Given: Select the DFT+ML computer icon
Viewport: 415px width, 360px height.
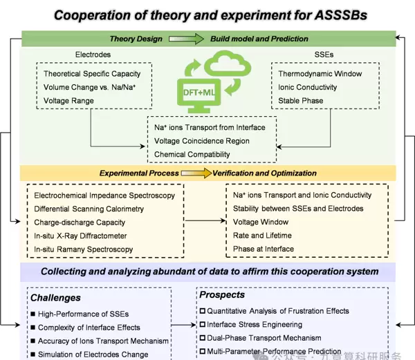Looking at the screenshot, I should pos(210,89).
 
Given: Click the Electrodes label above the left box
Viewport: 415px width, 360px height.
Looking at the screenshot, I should pos(93,54).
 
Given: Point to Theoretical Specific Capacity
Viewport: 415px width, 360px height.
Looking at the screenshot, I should pos(92,73).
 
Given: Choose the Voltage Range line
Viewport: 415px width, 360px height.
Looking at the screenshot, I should pos(69,100).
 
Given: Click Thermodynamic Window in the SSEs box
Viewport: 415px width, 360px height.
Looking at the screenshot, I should pos(320,73).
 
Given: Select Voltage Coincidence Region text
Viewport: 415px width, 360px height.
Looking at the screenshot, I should pos(202,141).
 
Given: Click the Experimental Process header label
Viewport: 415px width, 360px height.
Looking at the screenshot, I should pos(139,173).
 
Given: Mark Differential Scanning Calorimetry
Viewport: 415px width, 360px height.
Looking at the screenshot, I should pos(89,209).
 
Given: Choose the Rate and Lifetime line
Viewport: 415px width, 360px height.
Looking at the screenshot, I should pos(262,236).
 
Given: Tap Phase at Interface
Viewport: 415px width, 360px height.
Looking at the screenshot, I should pos(264,249).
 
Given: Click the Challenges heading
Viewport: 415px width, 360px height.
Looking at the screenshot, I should pos(55,298).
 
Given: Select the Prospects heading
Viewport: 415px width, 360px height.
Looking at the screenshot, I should pos(222,295).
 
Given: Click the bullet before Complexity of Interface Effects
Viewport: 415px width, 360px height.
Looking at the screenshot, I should pos(32,328).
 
